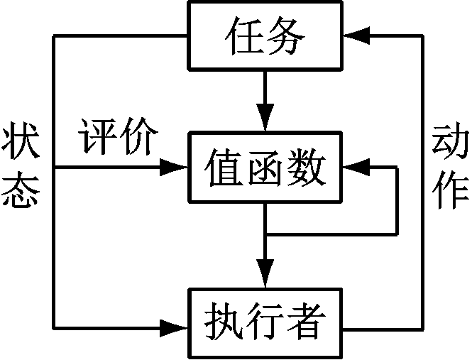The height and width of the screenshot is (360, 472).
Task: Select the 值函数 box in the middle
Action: [265, 169]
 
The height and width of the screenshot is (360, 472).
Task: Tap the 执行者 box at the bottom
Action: [265, 323]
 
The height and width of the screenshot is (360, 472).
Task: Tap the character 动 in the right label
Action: [449, 143]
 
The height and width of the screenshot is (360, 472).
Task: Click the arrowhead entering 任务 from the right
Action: [356, 34]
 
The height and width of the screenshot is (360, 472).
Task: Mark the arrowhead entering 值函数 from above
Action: [265, 119]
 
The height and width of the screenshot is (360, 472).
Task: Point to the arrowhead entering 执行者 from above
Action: [265, 274]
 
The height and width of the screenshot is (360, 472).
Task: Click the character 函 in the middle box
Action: [265, 169]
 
